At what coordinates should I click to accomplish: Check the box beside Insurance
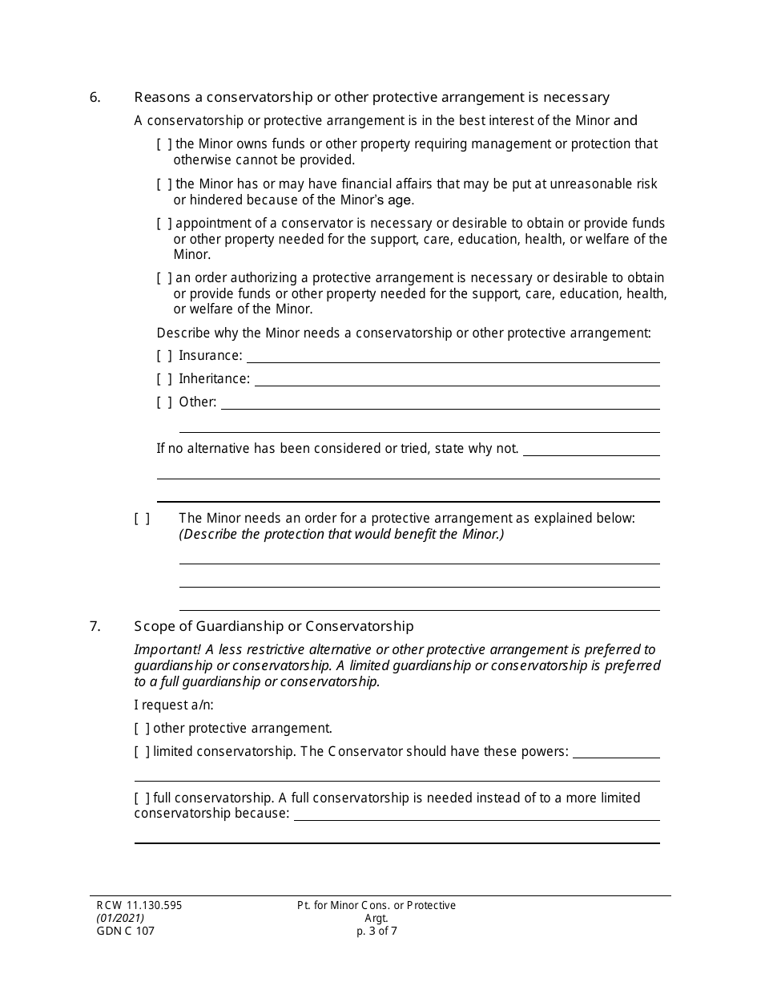pyautogui.click(x=164, y=356)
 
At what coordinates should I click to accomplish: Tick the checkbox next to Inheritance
pyautogui.click(x=164, y=379)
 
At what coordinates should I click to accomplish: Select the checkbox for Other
pyautogui.click(x=164, y=402)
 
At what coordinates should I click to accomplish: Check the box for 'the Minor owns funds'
pyautogui.click(x=164, y=144)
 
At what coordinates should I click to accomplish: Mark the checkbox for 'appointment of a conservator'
pyautogui.click(x=164, y=224)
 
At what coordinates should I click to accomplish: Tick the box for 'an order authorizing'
pyautogui.click(x=164, y=278)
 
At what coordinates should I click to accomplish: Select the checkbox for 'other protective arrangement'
pyautogui.click(x=142, y=729)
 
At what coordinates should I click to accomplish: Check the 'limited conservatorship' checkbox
pyautogui.click(x=142, y=752)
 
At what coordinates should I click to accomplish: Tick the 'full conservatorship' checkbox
pyautogui.click(x=142, y=798)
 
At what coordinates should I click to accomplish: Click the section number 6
pyautogui.click(x=95, y=98)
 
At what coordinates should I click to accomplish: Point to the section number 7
pyautogui.click(x=95, y=627)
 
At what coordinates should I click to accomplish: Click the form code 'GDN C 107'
pyautogui.click(x=121, y=931)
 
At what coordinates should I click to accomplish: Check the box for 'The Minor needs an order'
pyautogui.click(x=142, y=519)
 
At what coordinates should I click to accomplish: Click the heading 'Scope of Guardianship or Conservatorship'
pyautogui.click(x=274, y=627)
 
